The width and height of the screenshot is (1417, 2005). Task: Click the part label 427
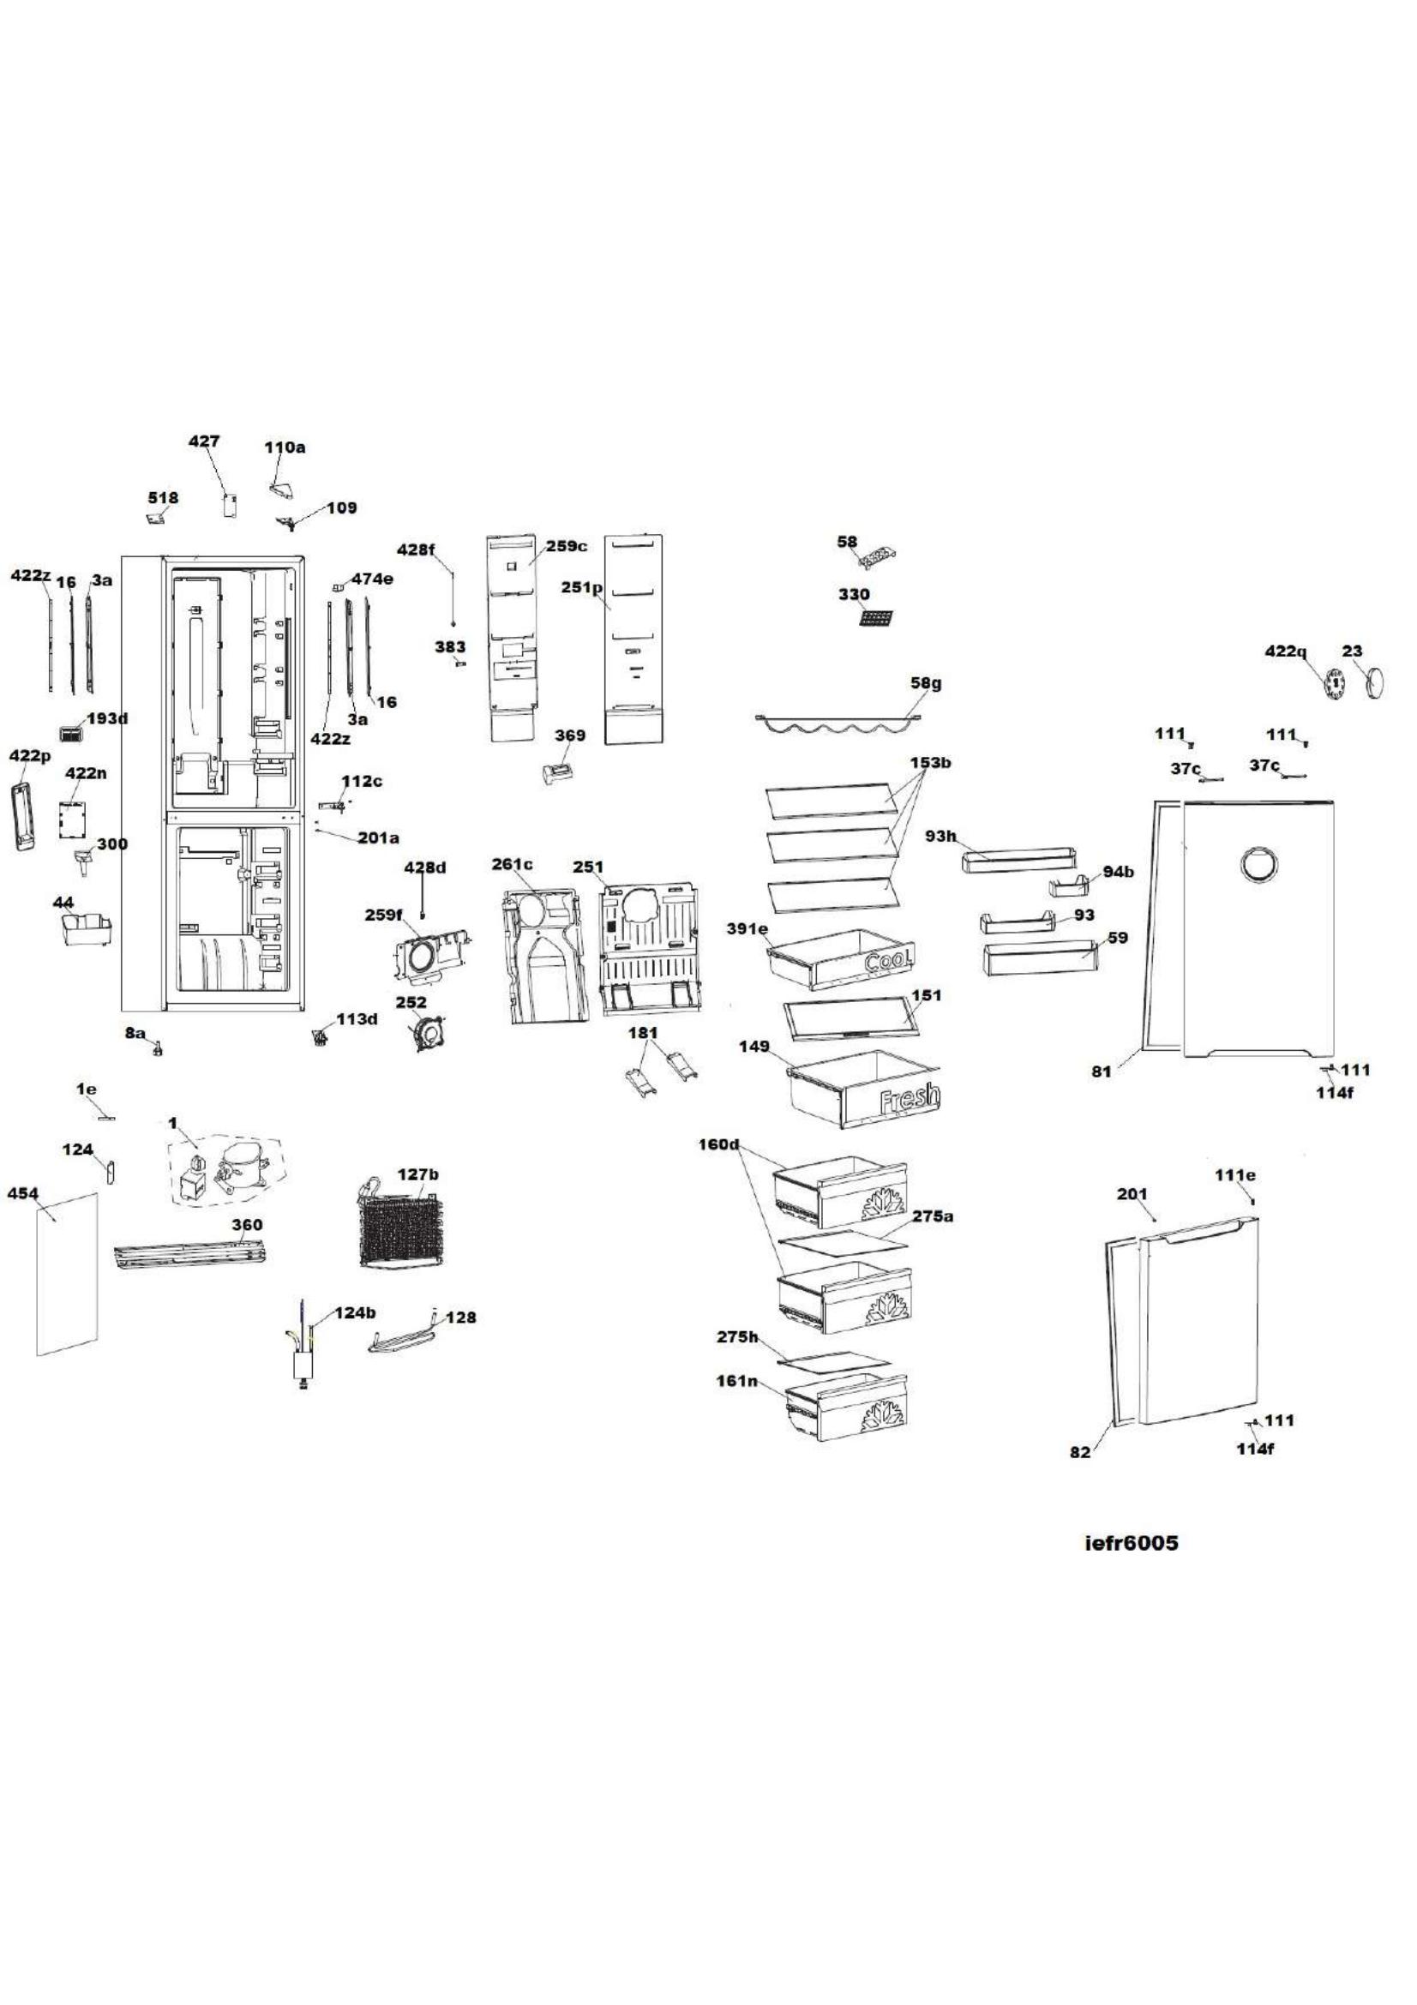[x=204, y=441]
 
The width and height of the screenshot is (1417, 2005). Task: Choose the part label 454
[x=22, y=1193]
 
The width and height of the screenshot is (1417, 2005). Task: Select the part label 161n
[x=736, y=1381]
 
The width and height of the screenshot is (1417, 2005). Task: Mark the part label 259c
[x=567, y=546]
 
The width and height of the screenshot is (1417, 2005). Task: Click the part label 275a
[x=934, y=1216]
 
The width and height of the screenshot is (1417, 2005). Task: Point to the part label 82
[x=1080, y=1453]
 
